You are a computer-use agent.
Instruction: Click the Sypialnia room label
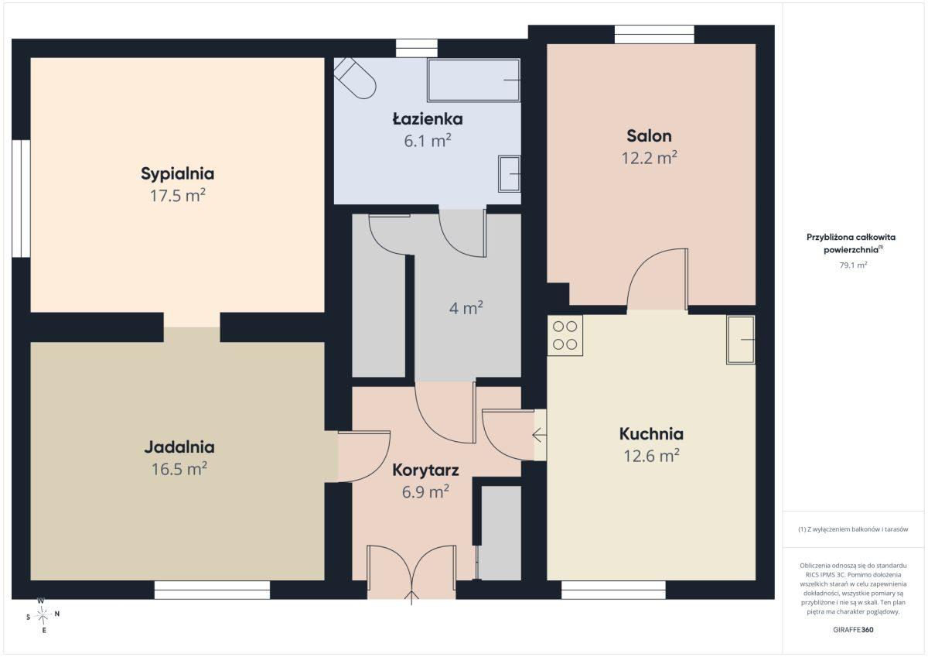[177, 173]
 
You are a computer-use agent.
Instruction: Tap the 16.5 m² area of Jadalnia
[179, 469]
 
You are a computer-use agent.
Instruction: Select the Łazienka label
[428, 119]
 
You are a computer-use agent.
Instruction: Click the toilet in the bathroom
[355, 78]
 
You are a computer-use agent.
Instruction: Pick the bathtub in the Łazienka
[474, 80]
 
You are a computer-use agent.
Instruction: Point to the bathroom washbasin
[510, 174]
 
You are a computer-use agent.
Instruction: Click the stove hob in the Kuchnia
[565, 336]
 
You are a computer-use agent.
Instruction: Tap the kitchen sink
[740, 340]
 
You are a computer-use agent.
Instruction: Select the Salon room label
[649, 136]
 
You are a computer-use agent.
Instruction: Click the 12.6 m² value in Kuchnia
[651, 456]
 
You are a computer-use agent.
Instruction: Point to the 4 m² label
[466, 308]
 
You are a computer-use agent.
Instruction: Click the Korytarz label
[425, 470]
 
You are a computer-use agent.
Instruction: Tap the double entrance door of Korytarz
[411, 572]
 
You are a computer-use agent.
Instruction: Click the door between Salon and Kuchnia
[657, 279]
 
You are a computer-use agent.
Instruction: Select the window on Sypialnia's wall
[21, 199]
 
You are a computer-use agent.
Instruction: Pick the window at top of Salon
[654, 34]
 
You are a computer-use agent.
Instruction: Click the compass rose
[43, 615]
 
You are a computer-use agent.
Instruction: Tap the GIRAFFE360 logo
[853, 630]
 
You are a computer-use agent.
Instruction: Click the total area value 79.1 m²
[853, 265]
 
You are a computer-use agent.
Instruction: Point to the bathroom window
[416, 48]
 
